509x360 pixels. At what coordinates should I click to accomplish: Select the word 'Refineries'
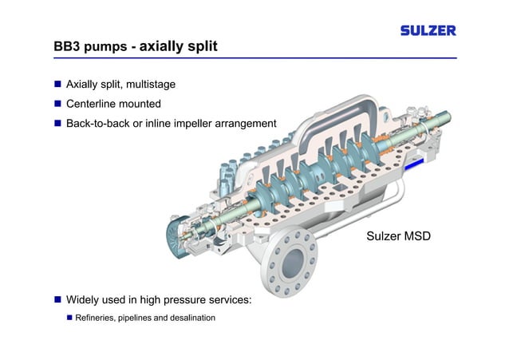(x=97, y=318)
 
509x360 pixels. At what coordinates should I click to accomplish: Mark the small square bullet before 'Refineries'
(x=69, y=318)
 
